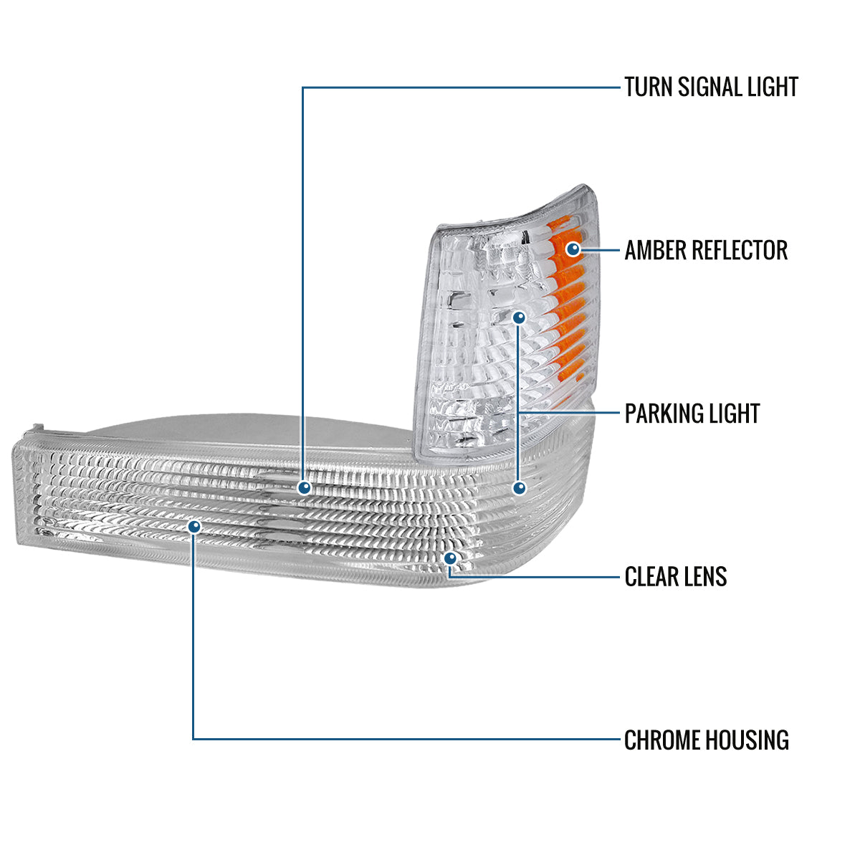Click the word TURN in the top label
tap(648, 87)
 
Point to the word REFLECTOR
tap(741, 250)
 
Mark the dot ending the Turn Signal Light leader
tap(305, 488)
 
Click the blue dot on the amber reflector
tap(573, 249)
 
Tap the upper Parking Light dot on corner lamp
tap(520, 316)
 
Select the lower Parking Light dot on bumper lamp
tap(520, 488)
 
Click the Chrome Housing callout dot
tap(193, 527)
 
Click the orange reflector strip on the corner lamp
tap(563, 301)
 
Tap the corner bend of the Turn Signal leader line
tap(303, 87)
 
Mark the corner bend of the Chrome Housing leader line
tap(193, 739)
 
